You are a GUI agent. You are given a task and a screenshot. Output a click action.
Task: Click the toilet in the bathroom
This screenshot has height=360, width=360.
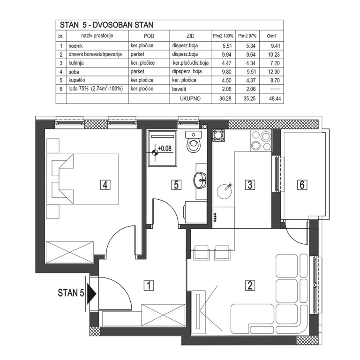[194, 142]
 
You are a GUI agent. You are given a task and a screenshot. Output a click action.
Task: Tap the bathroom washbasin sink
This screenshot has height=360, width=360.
[201, 180]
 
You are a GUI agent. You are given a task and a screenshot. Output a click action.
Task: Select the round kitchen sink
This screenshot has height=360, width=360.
[225, 191]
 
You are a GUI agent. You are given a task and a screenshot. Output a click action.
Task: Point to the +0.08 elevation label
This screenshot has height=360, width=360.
[165, 148]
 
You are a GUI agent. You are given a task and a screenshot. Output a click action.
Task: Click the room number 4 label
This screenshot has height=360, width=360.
[105, 185]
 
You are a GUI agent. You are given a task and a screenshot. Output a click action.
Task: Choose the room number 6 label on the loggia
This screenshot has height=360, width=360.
[302, 185]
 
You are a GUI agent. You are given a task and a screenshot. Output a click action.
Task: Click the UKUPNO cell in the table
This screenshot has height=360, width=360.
[190, 99]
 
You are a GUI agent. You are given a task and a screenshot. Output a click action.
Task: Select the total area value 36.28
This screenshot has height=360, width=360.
[225, 99]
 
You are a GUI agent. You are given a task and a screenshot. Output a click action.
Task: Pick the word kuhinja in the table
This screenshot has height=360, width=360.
[76, 63]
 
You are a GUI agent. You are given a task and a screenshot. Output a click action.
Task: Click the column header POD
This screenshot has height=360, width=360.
[149, 36]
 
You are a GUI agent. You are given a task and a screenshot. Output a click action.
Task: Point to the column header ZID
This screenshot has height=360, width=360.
[190, 36]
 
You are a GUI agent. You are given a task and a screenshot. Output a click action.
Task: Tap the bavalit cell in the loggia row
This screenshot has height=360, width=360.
[179, 89]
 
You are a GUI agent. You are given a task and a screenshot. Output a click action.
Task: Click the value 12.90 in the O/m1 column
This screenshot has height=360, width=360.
[274, 72]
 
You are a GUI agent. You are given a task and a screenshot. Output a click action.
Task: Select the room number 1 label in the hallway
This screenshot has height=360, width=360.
[149, 285]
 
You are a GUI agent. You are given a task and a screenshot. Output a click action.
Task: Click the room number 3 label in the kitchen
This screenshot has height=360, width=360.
[250, 185]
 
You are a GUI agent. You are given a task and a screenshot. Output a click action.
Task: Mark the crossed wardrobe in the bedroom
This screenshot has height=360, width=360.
[70, 252]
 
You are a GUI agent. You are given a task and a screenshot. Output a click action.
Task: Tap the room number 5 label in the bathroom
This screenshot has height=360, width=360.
[176, 185]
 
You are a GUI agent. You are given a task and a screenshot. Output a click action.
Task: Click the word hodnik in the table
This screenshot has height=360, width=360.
[75, 46]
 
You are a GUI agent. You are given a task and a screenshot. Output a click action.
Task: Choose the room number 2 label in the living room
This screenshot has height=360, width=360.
[250, 285]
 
